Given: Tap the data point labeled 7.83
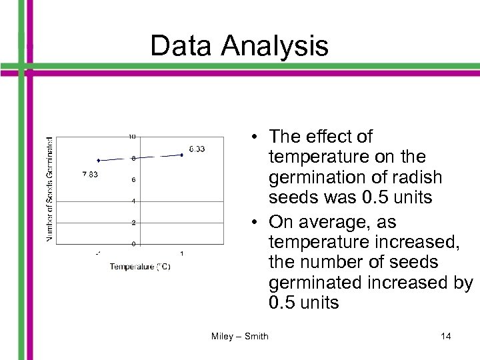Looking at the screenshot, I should click(99, 161).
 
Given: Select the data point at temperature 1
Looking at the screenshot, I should click(181, 155).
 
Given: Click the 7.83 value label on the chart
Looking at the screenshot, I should click(90, 175).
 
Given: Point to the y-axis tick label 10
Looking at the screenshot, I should click(132, 136).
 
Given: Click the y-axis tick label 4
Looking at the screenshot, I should click(133, 201).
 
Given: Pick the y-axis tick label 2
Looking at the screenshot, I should click(133, 223).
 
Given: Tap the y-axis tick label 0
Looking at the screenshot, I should click(133, 244).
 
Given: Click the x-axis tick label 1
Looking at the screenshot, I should click(182, 253).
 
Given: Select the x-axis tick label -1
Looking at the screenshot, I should click(98, 253).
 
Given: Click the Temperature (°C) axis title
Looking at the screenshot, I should click(140, 267).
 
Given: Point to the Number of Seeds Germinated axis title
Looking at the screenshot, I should click(50, 189).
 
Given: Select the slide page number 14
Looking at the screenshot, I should click(445, 336).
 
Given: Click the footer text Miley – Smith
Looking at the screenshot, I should click(239, 336).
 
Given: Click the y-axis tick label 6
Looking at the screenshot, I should click(133, 180).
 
